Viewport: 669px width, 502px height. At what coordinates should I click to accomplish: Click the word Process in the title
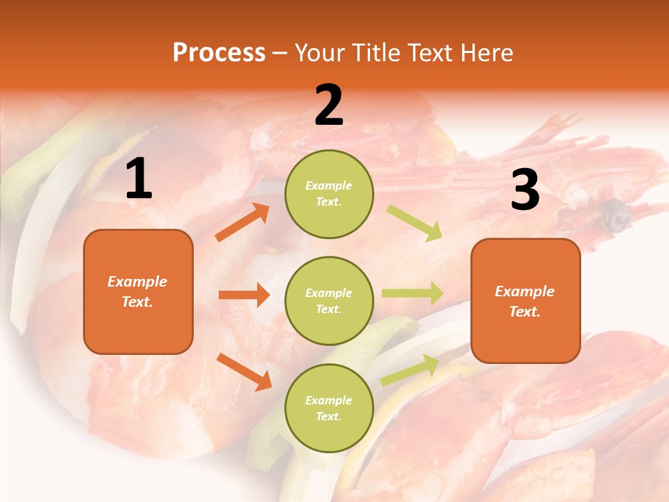click(219, 53)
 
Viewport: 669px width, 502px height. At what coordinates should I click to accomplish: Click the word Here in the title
click(482, 53)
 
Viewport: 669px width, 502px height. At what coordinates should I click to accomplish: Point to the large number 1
click(139, 179)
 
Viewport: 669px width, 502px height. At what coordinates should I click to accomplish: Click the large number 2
click(329, 105)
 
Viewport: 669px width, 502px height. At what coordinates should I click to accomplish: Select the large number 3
click(525, 190)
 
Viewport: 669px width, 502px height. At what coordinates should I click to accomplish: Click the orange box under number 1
click(138, 291)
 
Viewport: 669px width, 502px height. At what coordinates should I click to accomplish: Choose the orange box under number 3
click(525, 301)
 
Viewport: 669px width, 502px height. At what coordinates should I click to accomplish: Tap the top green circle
click(329, 194)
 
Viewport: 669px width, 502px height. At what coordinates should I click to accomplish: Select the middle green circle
click(329, 301)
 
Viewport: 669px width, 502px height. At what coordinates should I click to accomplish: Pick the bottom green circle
click(329, 408)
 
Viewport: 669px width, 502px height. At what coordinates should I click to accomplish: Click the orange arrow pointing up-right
click(243, 222)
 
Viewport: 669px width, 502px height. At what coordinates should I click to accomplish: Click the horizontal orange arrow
click(244, 295)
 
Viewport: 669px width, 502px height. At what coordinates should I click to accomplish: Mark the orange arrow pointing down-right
click(244, 372)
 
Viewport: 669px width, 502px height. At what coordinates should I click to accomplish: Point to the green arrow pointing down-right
click(415, 223)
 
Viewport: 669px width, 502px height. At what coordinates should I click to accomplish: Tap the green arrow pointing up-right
click(410, 370)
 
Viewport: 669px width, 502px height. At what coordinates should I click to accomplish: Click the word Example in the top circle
click(329, 186)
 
